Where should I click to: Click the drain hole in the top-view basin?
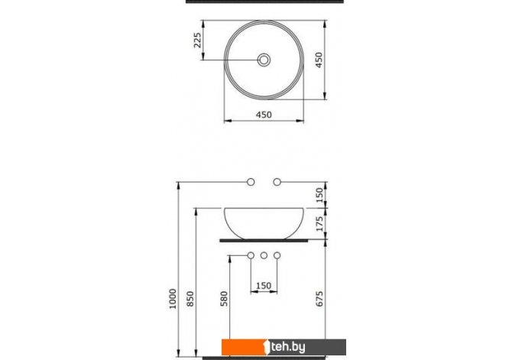pyautogui.click(x=264, y=60)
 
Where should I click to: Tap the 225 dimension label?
pyautogui.click(x=198, y=41)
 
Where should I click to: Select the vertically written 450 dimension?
pyautogui.click(x=319, y=60)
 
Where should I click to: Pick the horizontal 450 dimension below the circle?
pyautogui.click(x=264, y=115)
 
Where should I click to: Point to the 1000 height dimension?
pyautogui.click(x=173, y=299)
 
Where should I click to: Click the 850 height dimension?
pyautogui.click(x=190, y=299)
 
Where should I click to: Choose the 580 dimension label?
pyautogui.click(x=224, y=299)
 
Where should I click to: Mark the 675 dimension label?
pyautogui.click(x=319, y=299)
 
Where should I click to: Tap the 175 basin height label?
pyautogui.click(x=319, y=223)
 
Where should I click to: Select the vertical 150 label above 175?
pyautogui.click(x=319, y=195)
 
